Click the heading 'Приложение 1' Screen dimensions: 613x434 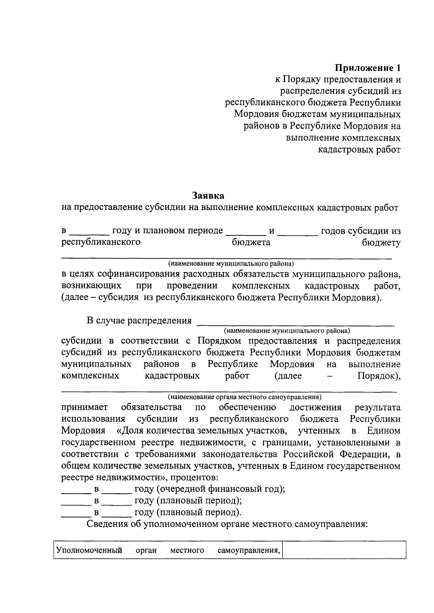pyautogui.click(x=367, y=68)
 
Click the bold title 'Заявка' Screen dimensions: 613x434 pyautogui.click(x=208, y=195)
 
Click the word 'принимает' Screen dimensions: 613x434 pyautogui.click(x=84, y=407)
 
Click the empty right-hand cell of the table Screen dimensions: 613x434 pyautogui.click(x=344, y=550)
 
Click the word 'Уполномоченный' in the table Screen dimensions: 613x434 pyautogui.click(x=89, y=550)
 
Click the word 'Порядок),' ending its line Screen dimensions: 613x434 pyautogui.click(x=379, y=376)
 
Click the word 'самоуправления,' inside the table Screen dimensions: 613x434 pyautogui.click(x=249, y=550)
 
